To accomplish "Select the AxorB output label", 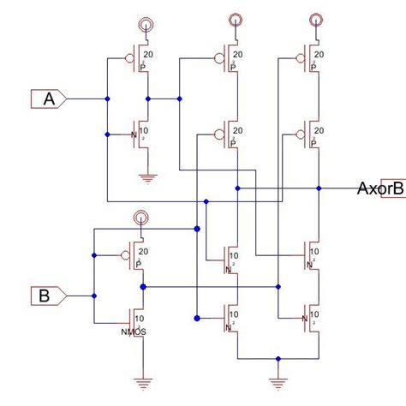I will click(x=379, y=188).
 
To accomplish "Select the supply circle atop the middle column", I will click(x=234, y=20).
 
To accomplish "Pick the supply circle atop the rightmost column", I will click(x=317, y=20).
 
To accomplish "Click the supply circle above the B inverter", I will click(x=139, y=219).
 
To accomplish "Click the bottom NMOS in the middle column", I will click(x=230, y=318).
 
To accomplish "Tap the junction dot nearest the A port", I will click(x=107, y=99).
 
